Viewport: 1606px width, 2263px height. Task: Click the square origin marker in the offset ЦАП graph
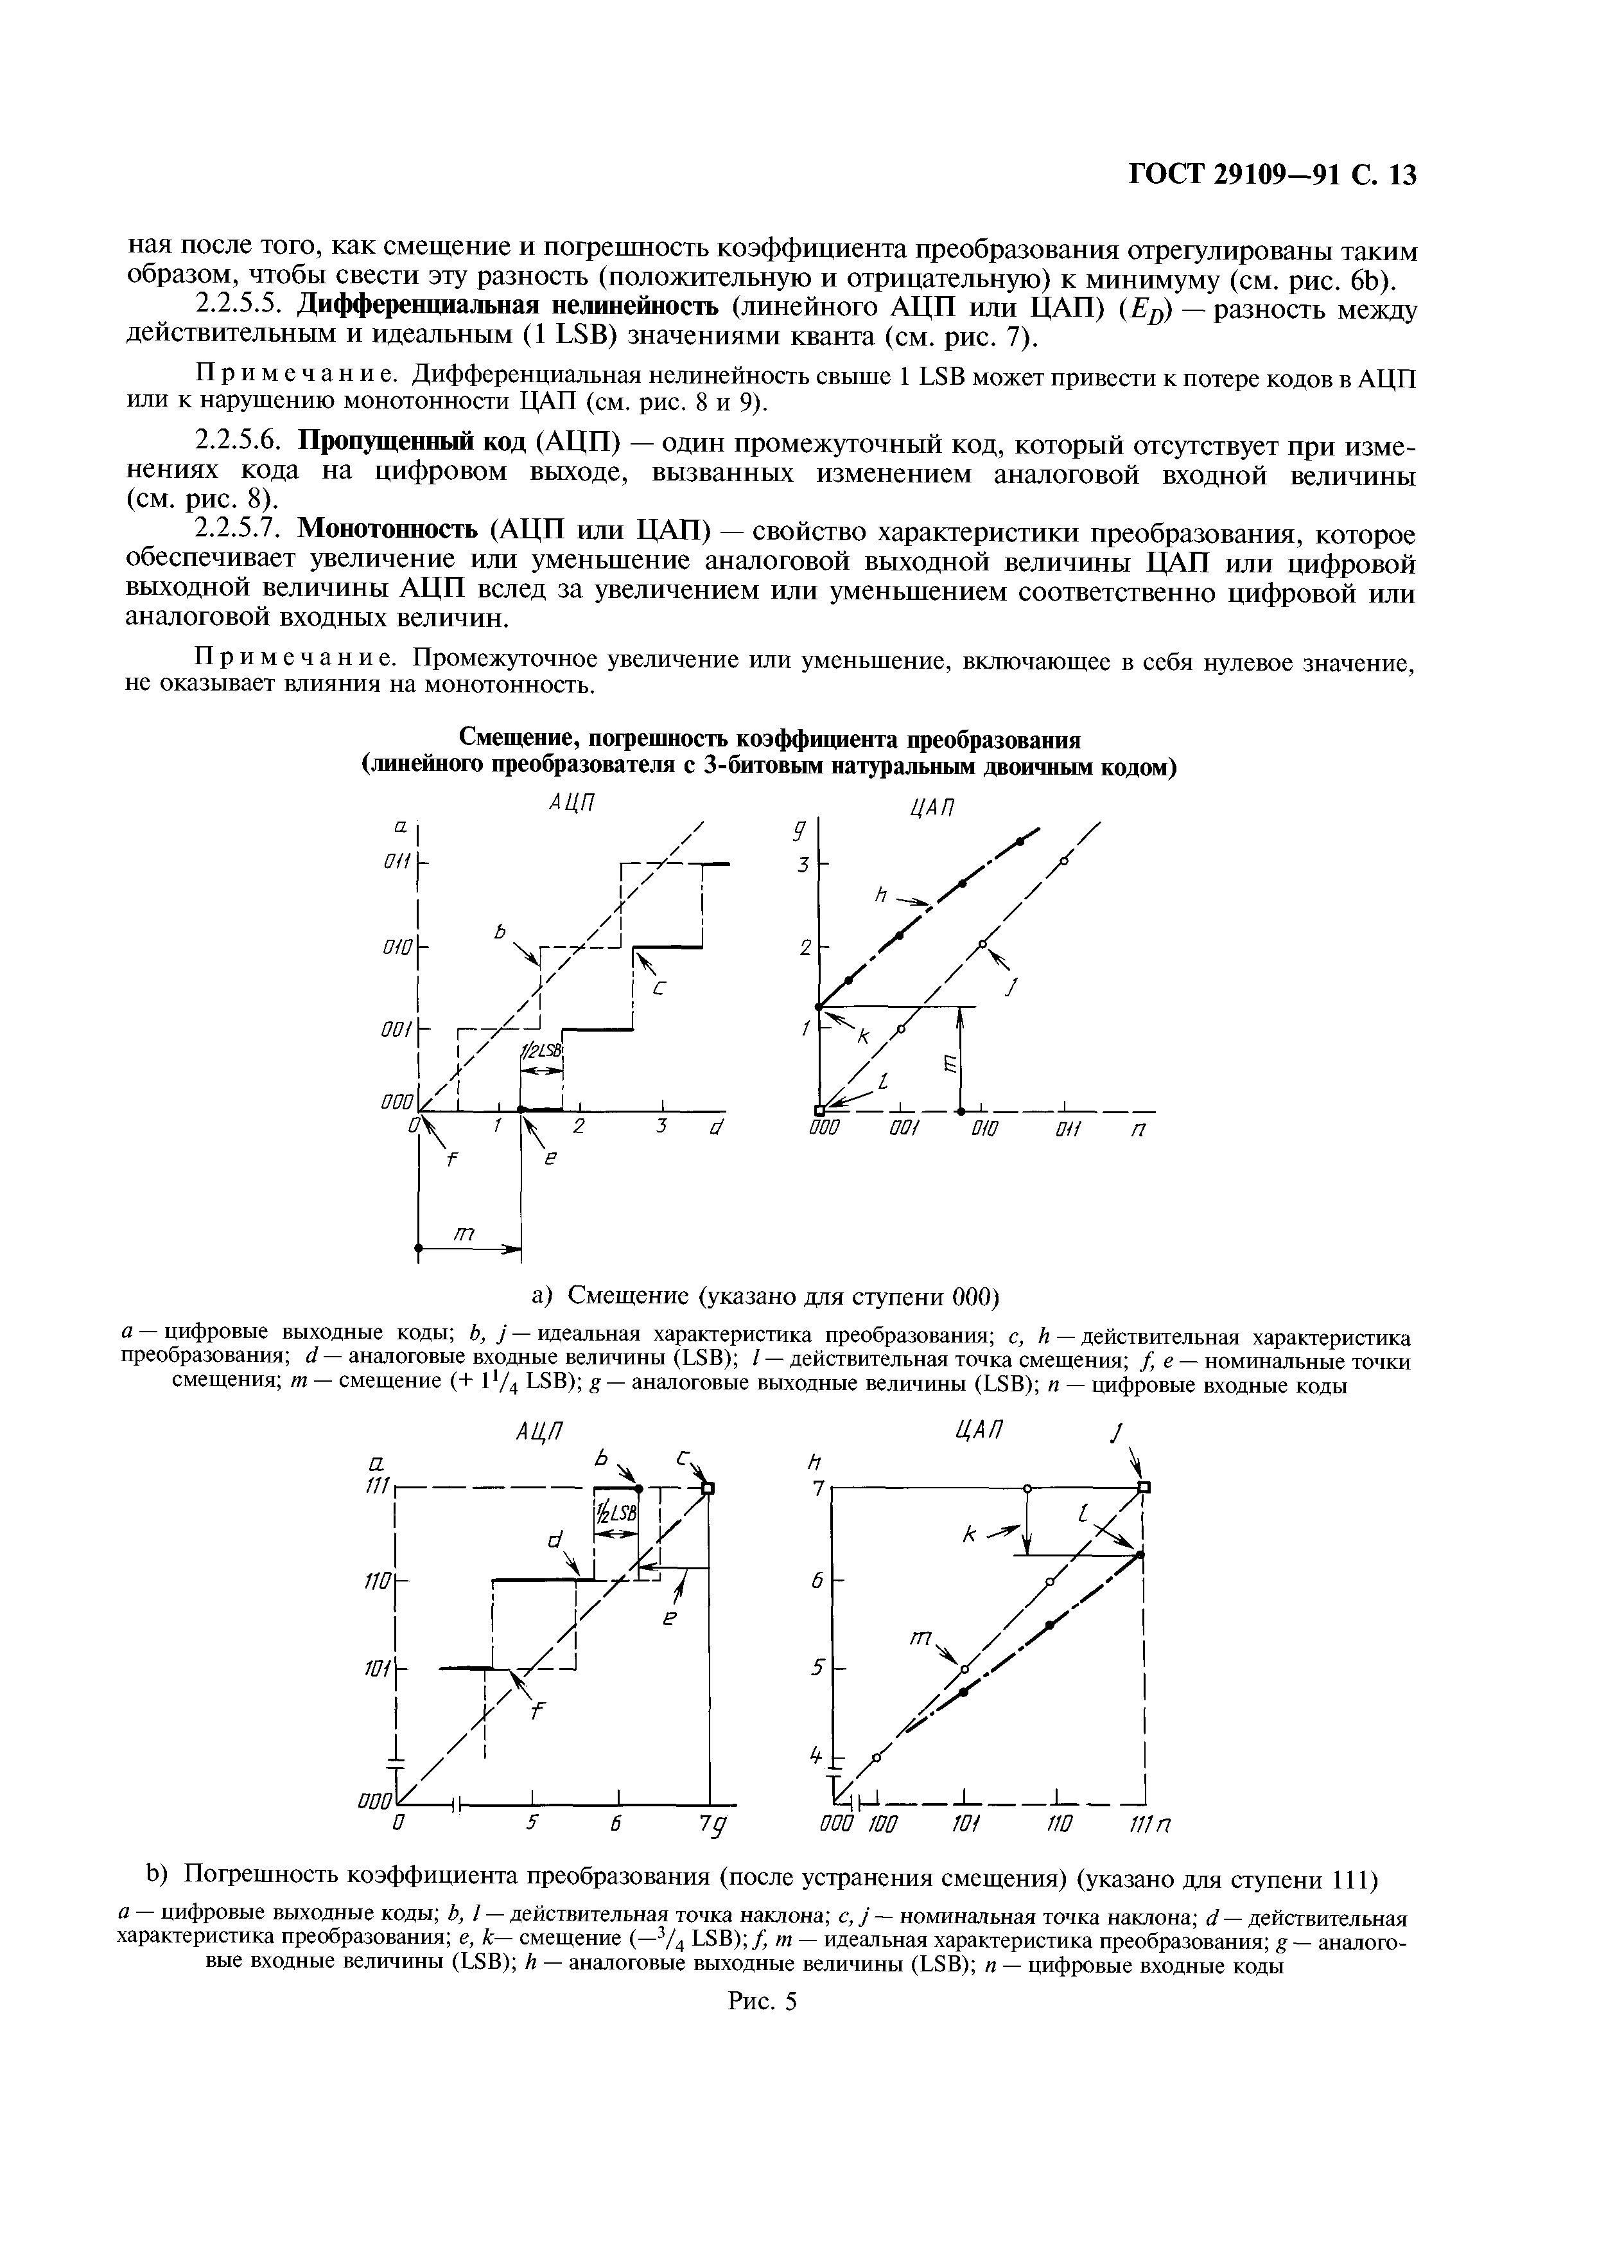(820, 1110)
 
